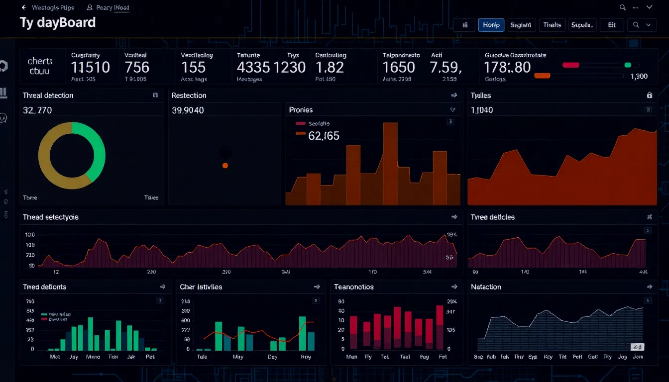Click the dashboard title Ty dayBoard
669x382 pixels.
click(57, 23)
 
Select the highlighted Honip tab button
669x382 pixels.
click(491, 25)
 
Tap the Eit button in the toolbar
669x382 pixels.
click(612, 25)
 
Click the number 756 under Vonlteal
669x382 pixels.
click(137, 67)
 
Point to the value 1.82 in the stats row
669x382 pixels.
click(330, 67)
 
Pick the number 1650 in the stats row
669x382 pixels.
click(398, 67)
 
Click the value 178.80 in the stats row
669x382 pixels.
click(508, 67)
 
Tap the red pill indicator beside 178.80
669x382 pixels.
click(570, 65)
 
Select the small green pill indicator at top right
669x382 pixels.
click(628, 65)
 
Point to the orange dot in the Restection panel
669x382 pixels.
click(225, 165)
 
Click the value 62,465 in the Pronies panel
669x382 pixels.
click(324, 135)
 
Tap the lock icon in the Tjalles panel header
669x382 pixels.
click(649, 95)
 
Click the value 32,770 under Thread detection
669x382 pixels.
click(37, 110)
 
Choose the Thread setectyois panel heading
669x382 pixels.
click(51, 217)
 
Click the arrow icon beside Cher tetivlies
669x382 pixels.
click(317, 287)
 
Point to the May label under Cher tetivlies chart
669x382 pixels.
click(238, 357)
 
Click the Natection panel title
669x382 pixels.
click(486, 287)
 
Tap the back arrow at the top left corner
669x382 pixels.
click(23, 7)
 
